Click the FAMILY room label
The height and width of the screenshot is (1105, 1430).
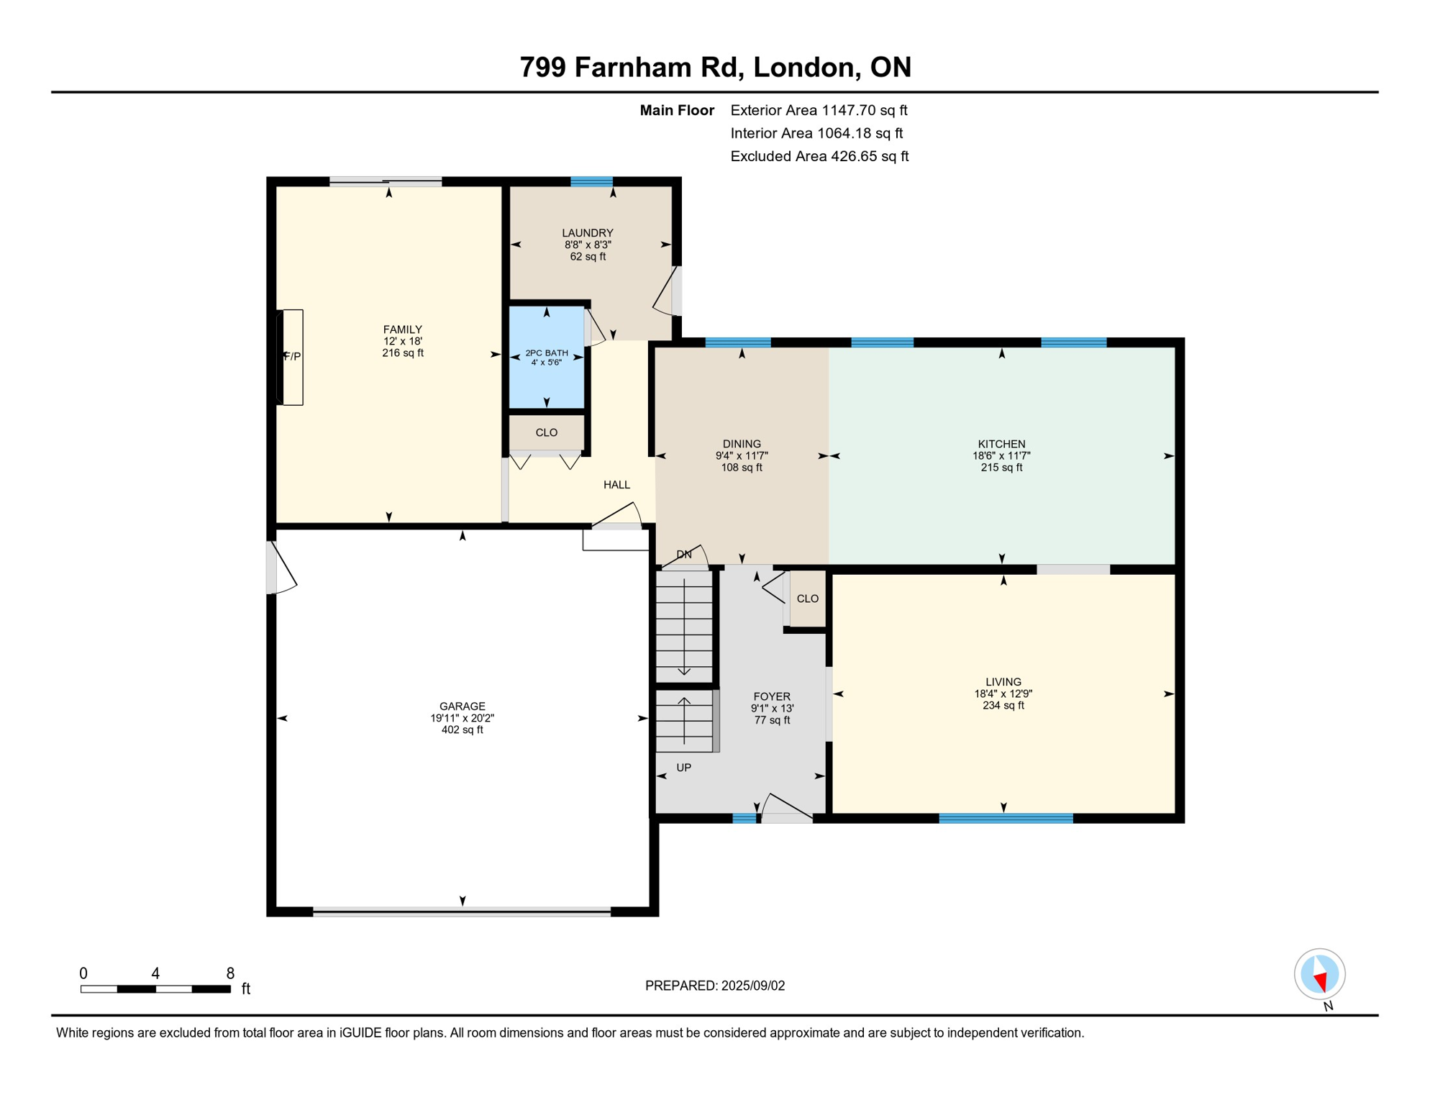click(402, 329)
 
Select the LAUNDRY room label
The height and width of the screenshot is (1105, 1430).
click(587, 233)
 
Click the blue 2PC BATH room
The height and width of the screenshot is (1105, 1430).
click(547, 358)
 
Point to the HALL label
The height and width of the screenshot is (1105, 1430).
click(616, 485)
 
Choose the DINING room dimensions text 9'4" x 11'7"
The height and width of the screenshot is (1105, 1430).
click(742, 456)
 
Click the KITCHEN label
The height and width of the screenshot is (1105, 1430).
click(1001, 445)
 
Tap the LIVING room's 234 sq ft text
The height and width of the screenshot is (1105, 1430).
click(1003, 706)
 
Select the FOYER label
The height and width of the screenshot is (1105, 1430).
click(772, 696)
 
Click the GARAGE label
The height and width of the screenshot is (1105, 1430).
click(463, 706)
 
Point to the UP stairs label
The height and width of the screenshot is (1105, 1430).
click(683, 768)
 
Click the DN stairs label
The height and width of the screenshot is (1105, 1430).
click(684, 555)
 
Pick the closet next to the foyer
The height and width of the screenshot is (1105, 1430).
click(807, 599)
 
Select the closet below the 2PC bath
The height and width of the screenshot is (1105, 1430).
click(547, 432)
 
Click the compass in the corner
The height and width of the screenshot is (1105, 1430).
click(1319, 974)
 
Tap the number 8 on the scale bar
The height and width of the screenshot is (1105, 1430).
click(230, 973)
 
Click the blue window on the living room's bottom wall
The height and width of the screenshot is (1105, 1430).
click(1006, 818)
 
